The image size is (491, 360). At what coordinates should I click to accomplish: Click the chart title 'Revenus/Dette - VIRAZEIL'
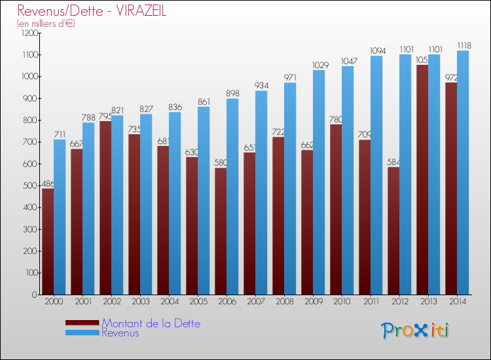point(92,10)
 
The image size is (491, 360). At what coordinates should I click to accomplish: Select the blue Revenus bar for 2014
point(463,173)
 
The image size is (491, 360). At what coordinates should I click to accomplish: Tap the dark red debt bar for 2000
point(48,242)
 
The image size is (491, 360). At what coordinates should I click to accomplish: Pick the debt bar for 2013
point(422,180)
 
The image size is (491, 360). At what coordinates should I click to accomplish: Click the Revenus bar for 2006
point(232,196)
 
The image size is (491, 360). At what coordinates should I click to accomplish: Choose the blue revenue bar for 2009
point(319,183)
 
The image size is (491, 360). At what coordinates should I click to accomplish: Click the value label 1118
point(463,46)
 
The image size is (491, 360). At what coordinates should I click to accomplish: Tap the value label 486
point(47,184)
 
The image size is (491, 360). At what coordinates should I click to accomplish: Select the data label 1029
point(319,65)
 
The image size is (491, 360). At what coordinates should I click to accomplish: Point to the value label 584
point(393,162)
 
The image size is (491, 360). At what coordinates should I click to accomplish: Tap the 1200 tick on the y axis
point(29,33)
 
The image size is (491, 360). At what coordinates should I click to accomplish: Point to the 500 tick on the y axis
point(31,186)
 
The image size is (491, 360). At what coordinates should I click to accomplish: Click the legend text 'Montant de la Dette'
point(151,323)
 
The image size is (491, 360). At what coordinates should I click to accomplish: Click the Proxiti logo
point(414,331)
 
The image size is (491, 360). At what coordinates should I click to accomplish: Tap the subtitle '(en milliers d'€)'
point(46,24)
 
